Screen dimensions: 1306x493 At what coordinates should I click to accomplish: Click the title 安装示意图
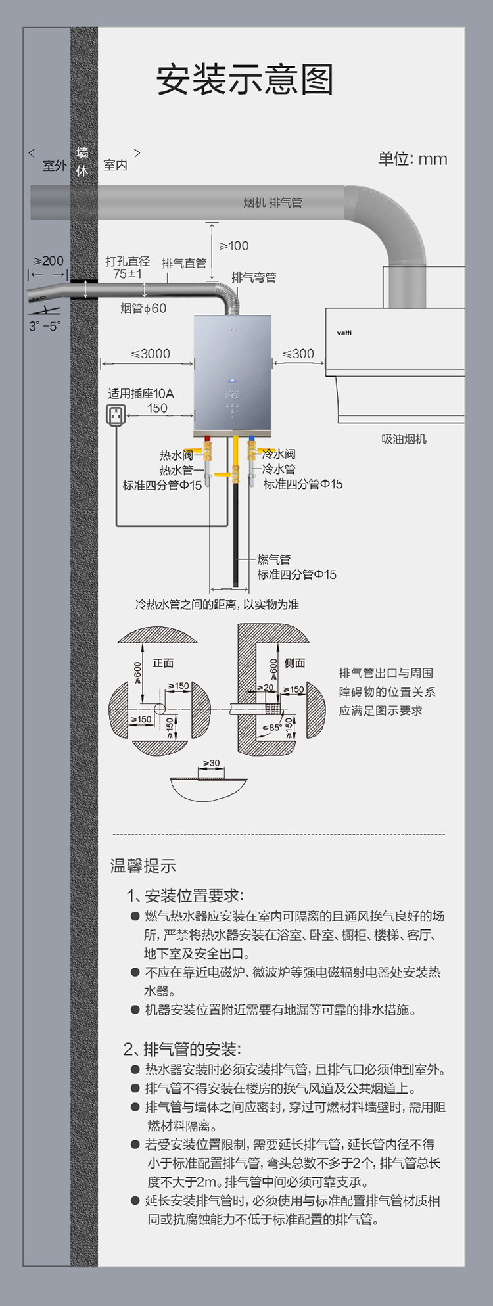245,80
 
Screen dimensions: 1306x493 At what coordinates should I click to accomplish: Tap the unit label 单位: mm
412,159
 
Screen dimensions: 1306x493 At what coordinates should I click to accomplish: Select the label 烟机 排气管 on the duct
273,202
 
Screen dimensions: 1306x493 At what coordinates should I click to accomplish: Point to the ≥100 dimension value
234,246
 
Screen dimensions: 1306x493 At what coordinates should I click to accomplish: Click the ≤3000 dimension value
151,354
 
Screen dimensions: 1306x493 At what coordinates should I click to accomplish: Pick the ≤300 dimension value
298,354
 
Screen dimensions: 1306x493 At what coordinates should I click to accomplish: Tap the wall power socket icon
116,415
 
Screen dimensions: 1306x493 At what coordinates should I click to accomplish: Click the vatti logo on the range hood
344,333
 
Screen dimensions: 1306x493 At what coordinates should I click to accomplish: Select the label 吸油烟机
404,439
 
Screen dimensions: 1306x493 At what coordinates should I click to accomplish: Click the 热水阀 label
176,455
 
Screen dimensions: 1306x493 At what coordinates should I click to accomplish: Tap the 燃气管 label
273,559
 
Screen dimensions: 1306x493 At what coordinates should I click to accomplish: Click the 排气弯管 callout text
254,277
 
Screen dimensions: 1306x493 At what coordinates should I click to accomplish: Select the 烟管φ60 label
143,308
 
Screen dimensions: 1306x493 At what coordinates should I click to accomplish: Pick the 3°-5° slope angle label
44,326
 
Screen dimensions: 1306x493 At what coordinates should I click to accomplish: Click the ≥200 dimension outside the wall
49,261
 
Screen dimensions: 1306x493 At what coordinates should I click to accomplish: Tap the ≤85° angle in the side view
272,728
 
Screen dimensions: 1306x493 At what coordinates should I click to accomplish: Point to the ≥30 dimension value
212,763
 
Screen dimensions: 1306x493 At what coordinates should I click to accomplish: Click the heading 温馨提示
143,866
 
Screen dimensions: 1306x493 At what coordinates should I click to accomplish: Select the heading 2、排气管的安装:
182,1048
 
